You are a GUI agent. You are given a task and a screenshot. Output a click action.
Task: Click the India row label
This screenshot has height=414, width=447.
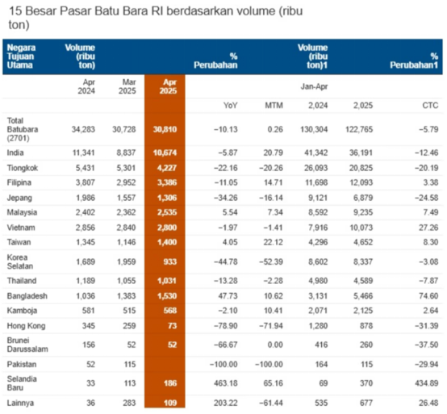(15, 153)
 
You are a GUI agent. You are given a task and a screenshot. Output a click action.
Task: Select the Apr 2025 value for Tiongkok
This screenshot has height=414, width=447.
(167, 168)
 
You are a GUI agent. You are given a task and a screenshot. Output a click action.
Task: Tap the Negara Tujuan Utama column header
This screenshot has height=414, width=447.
(21, 56)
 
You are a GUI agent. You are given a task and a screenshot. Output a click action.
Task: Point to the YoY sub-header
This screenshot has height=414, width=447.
(230, 106)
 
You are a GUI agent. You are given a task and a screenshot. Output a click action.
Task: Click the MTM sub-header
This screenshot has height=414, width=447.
(274, 106)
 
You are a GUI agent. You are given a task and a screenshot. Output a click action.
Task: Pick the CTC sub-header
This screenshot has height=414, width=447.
(430, 106)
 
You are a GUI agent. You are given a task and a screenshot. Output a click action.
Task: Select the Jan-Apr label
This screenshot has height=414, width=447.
(314, 86)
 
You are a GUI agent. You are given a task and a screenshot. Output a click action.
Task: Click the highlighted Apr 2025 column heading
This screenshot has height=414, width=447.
(169, 86)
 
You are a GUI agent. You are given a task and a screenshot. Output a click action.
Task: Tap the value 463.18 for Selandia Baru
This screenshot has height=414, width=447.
(226, 383)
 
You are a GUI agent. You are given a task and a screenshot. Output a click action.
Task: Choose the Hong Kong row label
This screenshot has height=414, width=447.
(27, 326)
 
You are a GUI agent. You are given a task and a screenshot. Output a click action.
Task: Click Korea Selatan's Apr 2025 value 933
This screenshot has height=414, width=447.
(170, 261)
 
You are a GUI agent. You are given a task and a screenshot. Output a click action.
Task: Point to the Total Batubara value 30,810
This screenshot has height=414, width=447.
(165, 129)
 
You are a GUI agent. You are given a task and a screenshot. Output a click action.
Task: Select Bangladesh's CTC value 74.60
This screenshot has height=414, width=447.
(428, 296)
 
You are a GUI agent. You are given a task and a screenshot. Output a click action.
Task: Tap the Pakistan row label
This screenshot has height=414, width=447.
(22, 365)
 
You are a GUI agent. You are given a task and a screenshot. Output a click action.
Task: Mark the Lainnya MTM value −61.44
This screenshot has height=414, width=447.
(271, 404)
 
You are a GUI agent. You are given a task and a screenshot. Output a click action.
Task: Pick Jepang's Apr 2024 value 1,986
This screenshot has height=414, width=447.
(86, 198)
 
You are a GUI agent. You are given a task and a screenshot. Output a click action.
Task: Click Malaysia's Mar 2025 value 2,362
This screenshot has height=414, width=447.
(126, 213)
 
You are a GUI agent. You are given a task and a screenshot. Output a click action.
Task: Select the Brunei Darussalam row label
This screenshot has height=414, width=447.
(27, 345)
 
